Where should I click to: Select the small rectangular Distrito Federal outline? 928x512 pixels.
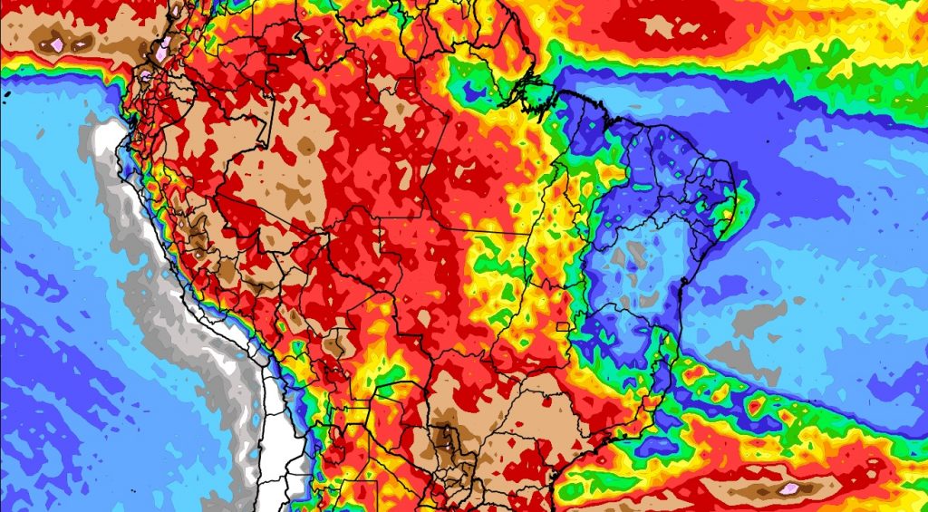point(563,326)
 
